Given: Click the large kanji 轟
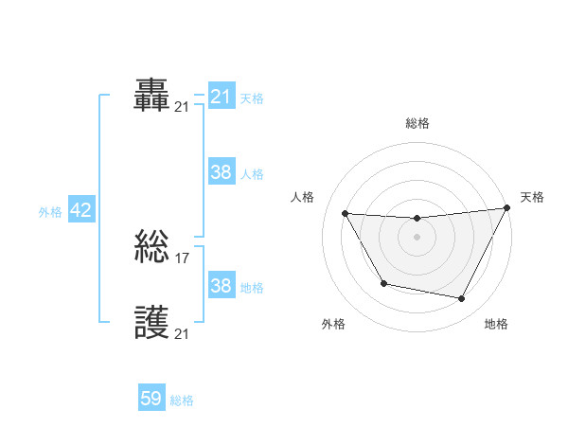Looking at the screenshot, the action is [152, 97].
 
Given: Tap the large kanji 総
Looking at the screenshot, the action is [152, 248].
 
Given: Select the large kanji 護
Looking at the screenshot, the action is [152, 324].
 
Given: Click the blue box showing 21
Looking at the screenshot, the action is [222, 97].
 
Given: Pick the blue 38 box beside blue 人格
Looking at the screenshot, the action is [222, 172].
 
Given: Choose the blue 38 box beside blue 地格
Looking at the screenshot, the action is [222, 286].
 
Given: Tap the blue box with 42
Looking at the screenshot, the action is [80, 210].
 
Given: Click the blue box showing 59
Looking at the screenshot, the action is [151, 399].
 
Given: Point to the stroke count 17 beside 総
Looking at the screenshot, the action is [183, 257].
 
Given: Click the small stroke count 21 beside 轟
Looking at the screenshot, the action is [182, 106].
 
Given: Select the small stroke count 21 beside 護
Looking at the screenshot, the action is [182, 333].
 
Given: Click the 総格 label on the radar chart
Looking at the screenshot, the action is [417, 123].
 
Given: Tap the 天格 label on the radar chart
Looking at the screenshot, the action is [532, 197].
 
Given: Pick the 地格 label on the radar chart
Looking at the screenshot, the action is [496, 324].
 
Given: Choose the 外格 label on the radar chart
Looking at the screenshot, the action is [333, 324].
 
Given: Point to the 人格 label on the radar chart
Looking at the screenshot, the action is [302, 197].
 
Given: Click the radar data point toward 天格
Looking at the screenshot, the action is [507, 208].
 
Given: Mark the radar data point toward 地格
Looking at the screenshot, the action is [462, 299].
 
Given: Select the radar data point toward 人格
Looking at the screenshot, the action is [345, 213].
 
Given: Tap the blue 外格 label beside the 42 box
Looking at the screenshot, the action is [50, 212].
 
